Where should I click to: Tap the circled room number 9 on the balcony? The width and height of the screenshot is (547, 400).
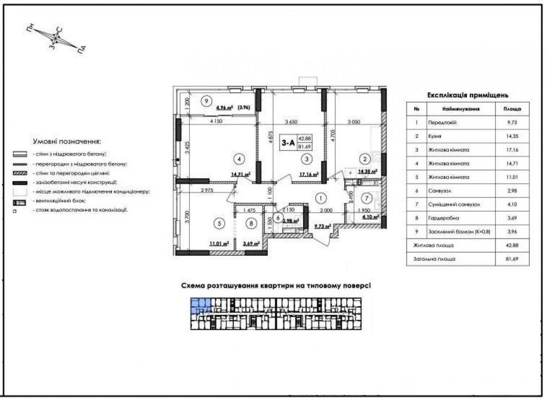pyautogui.click(x=205, y=101)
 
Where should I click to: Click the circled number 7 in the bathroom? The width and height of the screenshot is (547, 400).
pyautogui.click(x=368, y=199)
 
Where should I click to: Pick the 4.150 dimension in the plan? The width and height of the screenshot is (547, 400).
pyautogui.click(x=215, y=122)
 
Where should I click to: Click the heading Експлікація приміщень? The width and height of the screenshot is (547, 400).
pyautogui.click(x=468, y=95)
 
